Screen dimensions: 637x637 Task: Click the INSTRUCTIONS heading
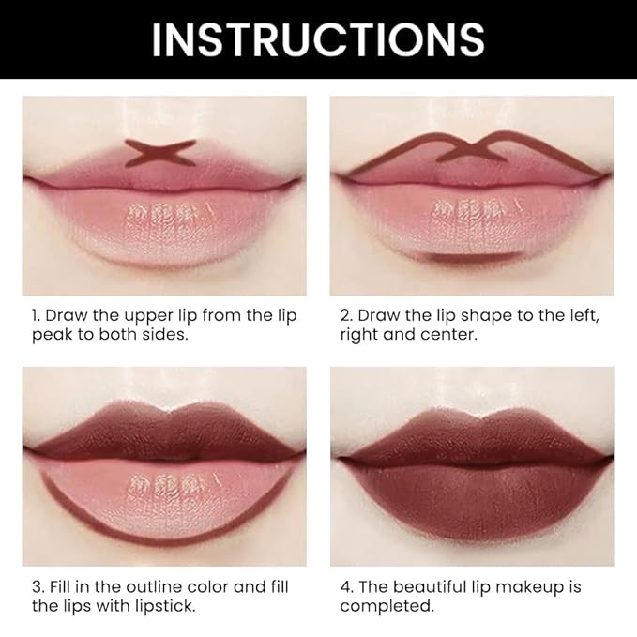tap(318, 38)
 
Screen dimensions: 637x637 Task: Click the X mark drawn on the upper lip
tap(161, 153)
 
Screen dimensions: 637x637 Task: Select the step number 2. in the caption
tap(346, 315)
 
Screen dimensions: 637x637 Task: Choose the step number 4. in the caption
tap(347, 587)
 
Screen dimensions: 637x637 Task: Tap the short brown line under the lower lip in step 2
tap(467, 254)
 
